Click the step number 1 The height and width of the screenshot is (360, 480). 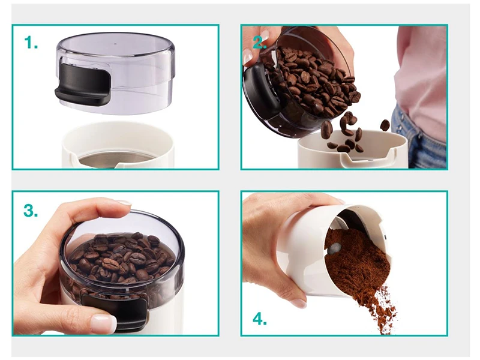31,43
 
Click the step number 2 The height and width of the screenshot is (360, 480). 259,43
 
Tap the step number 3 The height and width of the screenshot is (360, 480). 31,211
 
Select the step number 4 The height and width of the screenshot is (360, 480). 260,319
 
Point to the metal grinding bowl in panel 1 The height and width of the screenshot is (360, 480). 115,160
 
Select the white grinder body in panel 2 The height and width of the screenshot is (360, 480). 352,152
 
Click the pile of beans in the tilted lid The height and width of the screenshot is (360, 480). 309,80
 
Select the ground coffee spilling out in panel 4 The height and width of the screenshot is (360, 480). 361,275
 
